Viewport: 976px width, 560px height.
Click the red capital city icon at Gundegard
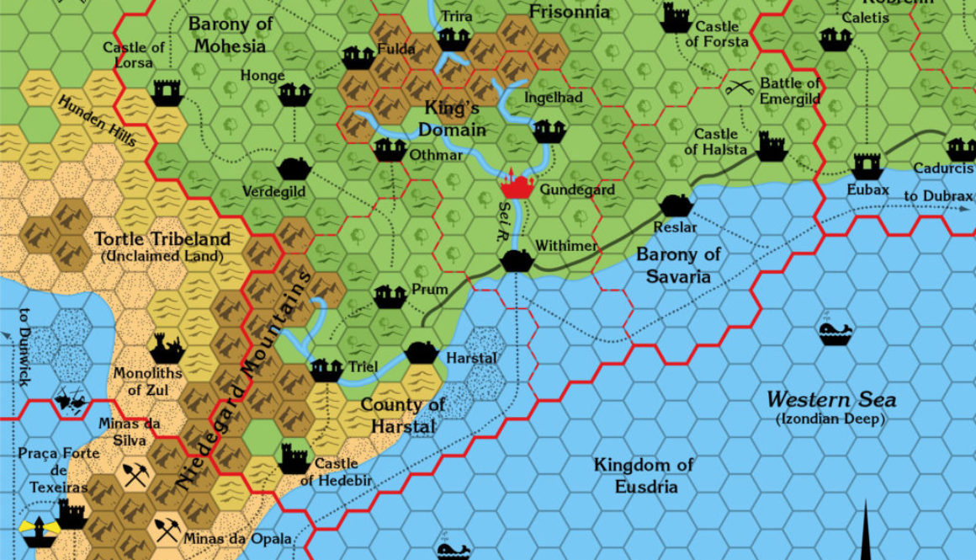tap(517, 184)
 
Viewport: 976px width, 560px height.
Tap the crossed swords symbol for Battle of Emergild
tap(739, 85)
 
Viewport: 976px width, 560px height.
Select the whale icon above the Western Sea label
tap(835, 333)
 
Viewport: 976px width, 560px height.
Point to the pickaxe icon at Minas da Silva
tap(135, 474)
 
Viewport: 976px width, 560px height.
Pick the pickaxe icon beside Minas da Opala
tap(166, 529)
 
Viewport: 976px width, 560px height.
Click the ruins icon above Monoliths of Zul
tap(166, 346)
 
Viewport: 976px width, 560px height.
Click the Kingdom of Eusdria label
tap(643, 475)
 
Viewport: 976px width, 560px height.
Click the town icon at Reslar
tap(676, 205)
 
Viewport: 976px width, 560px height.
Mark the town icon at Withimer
tap(515, 260)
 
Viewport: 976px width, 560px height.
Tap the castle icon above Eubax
tap(867, 165)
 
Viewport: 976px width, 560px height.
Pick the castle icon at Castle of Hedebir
tap(294, 459)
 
